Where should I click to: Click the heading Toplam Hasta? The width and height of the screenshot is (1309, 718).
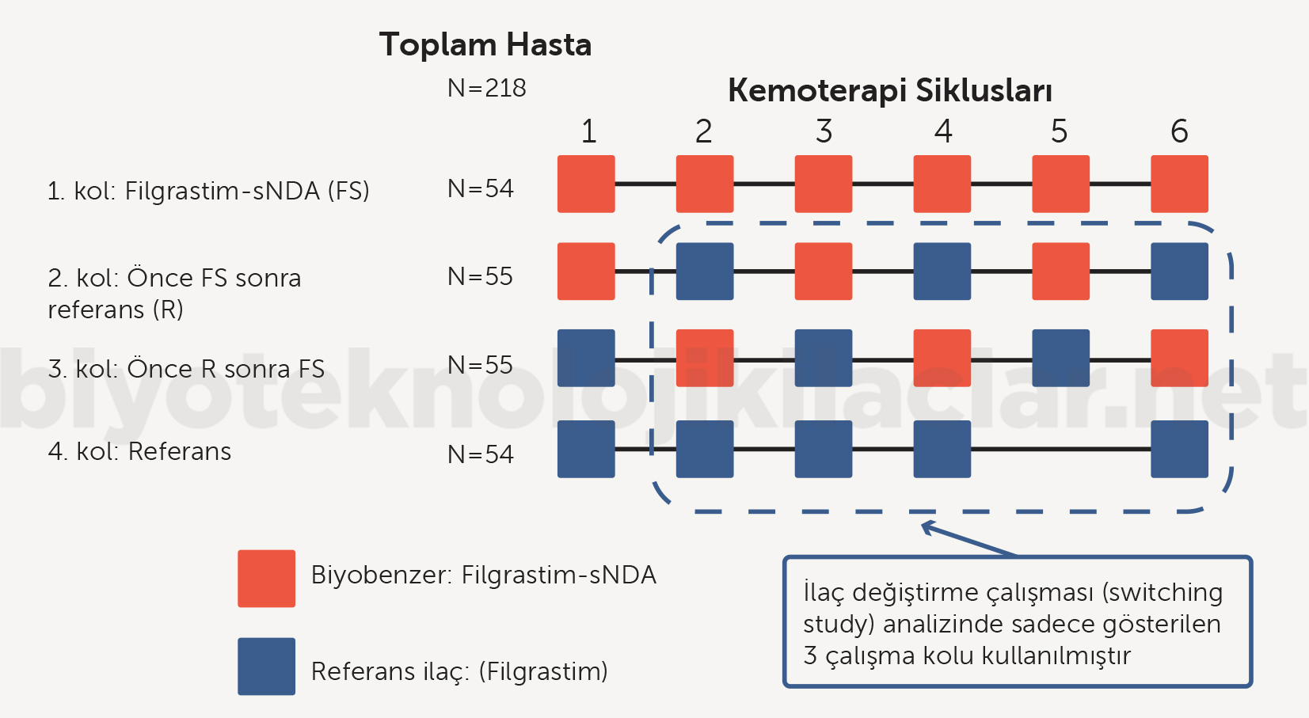coord(485,45)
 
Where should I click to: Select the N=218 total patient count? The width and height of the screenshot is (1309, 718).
coord(486,88)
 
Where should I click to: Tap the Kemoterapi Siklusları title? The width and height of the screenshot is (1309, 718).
coord(889,90)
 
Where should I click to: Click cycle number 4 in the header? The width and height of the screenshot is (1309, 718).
coord(942,131)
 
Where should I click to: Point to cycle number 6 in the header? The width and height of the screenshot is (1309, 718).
coord(1179,131)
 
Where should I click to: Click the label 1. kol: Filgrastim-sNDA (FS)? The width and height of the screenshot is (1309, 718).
coord(208,191)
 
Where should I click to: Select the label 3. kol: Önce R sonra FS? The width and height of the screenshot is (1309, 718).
coord(186,369)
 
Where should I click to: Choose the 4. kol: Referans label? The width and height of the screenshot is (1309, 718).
coord(139,451)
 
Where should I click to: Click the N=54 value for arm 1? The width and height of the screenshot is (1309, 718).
coord(480,188)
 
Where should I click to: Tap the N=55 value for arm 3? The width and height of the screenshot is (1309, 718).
coord(480,365)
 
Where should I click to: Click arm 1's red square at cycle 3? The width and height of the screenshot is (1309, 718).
coord(824,184)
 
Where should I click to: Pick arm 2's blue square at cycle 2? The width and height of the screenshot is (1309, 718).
coord(705,272)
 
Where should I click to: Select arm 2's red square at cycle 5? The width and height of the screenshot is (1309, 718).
coord(1060,272)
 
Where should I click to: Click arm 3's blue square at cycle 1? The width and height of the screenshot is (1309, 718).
coord(586,358)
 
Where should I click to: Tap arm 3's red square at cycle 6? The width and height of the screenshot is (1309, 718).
coord(1179,358)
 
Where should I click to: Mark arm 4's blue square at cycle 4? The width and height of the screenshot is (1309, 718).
coord(942,449)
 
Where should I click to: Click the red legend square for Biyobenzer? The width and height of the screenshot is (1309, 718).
coord(266,579)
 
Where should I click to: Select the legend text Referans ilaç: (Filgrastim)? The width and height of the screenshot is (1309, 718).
coord(459,671)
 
